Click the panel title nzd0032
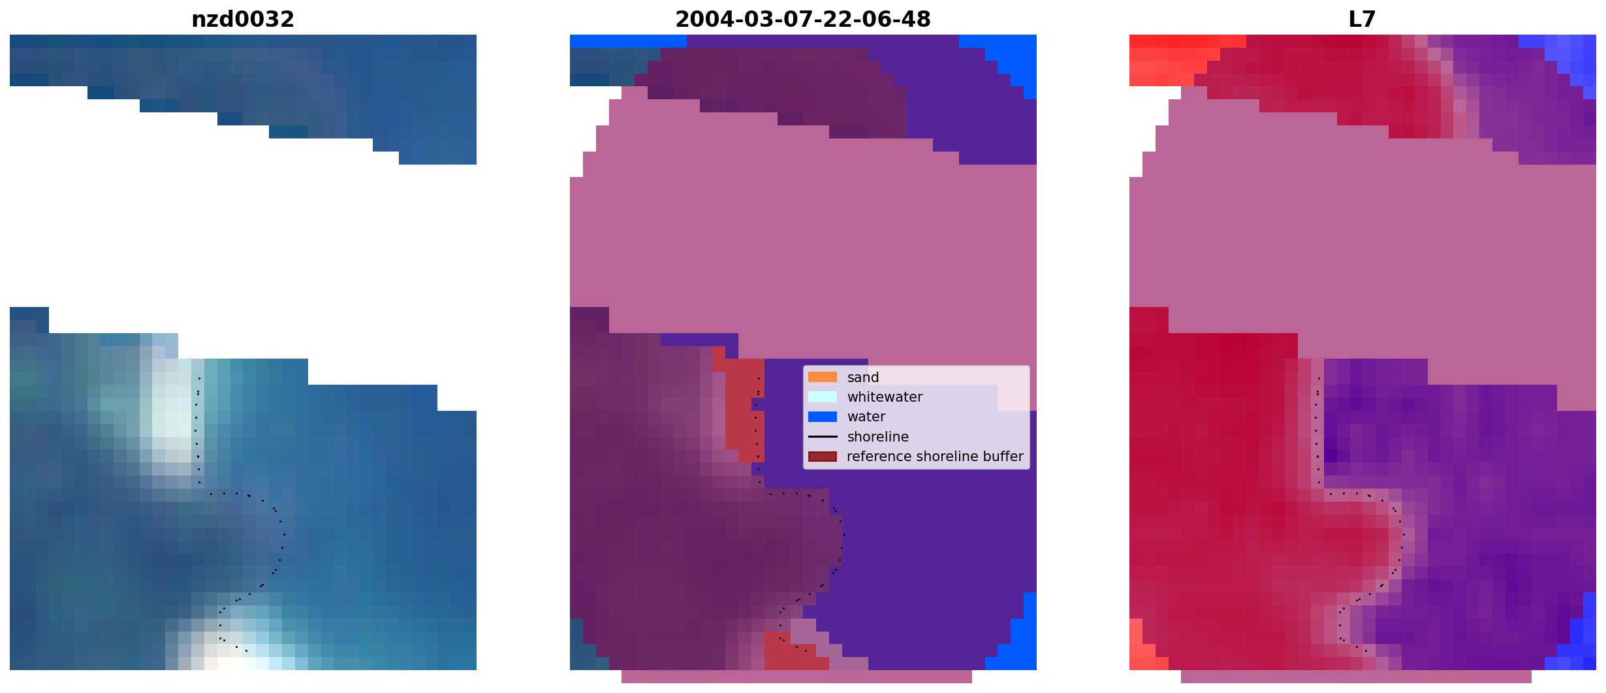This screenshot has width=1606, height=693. [243, 20]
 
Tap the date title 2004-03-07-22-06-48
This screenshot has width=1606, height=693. [803, 20]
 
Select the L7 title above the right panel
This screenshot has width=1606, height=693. [1362, 20]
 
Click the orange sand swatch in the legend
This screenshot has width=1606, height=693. [823, 377]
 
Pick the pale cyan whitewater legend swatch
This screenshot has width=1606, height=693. [823, 396]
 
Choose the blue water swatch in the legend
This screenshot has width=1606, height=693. [823, 417]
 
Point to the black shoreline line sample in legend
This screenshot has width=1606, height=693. [823, 436]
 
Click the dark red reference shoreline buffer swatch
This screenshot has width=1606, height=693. [823, 457]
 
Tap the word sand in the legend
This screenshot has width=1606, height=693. [863, 378]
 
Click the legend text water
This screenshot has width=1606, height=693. [866, 417]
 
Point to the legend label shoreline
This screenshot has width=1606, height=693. [878, 437]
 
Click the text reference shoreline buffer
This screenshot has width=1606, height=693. [935, 457]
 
